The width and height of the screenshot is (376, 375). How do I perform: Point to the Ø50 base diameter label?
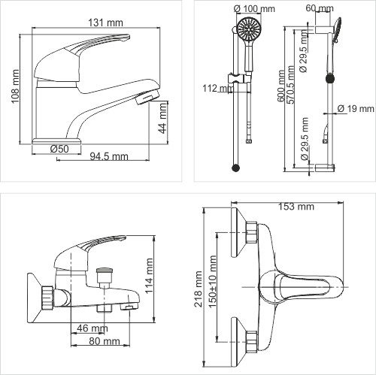[x=59, y=148]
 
